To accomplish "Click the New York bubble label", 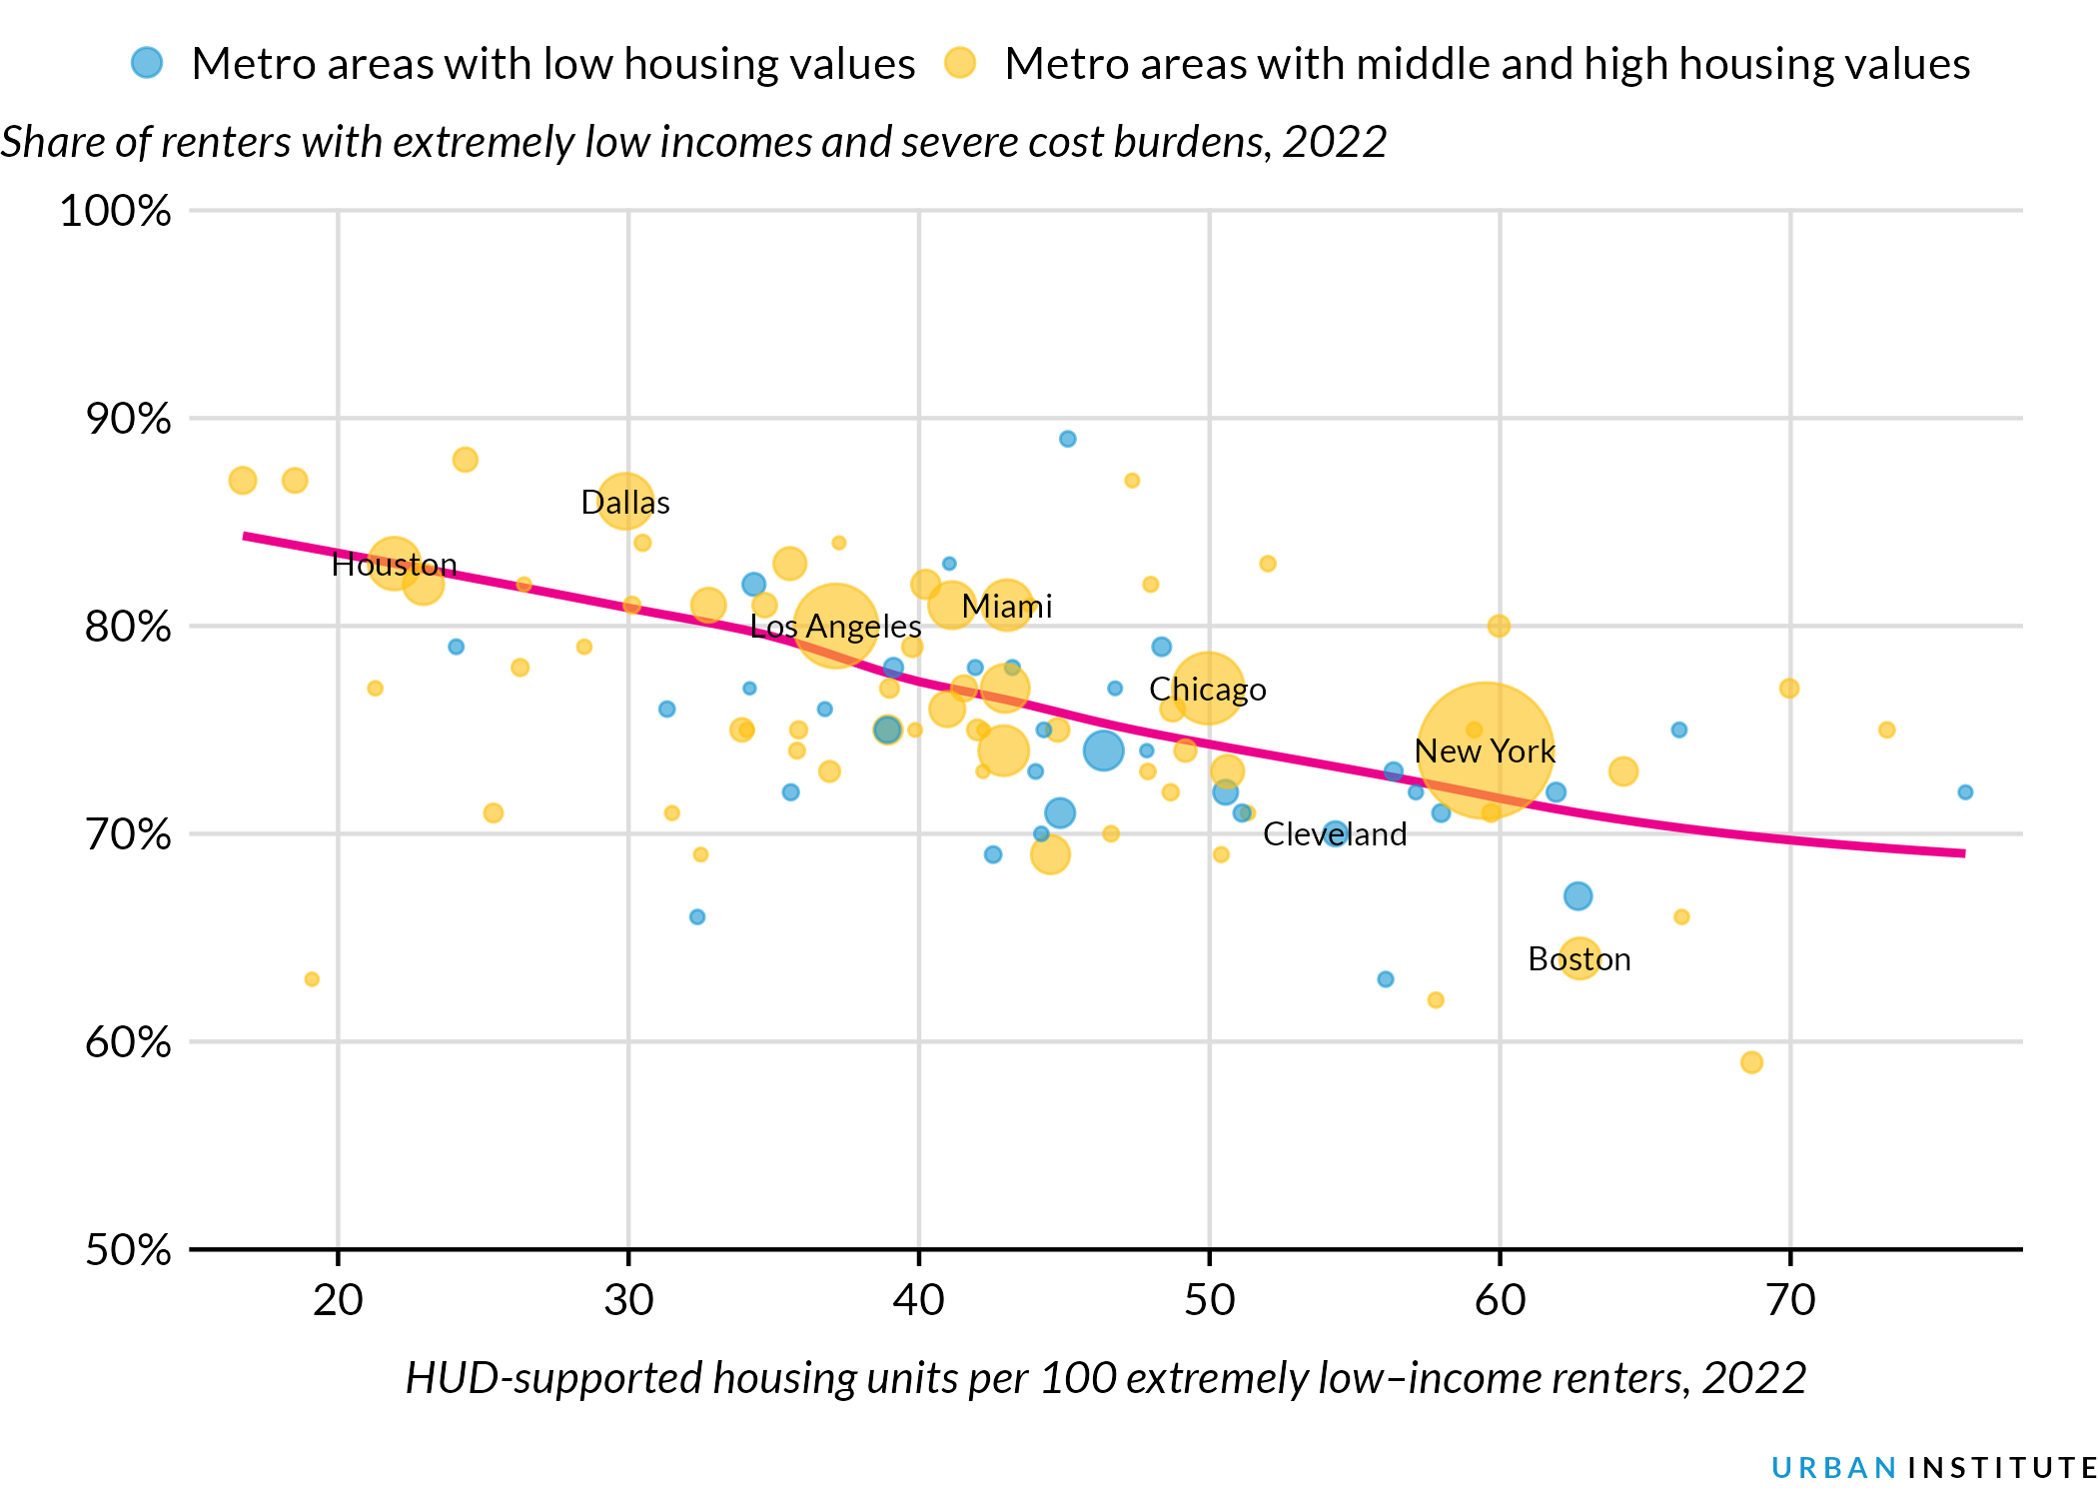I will tap(1485, 751).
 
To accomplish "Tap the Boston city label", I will tap(1578, 959).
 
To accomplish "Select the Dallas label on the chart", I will tap(625, 502).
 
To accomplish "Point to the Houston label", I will tap(394, 565).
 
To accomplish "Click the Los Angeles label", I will tap(835, 627).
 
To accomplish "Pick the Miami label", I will tap(1006, 607).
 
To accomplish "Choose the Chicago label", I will tap(1207, 690).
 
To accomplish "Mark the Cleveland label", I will tap(1334, 834).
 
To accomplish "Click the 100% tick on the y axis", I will tap(115, 212).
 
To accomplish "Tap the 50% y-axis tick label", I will tap(128, 1250).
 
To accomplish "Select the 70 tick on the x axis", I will tap(1789, 1300).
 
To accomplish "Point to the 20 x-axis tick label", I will tap(338, 1300).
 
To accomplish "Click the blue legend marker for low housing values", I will tap(147, 63).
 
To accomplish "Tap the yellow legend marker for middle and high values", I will tap(960, 63).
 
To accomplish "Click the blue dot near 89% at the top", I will tap(1067, 439).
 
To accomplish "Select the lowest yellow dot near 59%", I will tap(1750, 1062).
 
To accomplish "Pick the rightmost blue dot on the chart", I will tap(1964, 792).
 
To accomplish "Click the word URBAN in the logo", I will tap(1833, 1467).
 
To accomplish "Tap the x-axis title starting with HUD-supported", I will tap(1105, 1378).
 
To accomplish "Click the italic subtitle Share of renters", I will tap(692, 142).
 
